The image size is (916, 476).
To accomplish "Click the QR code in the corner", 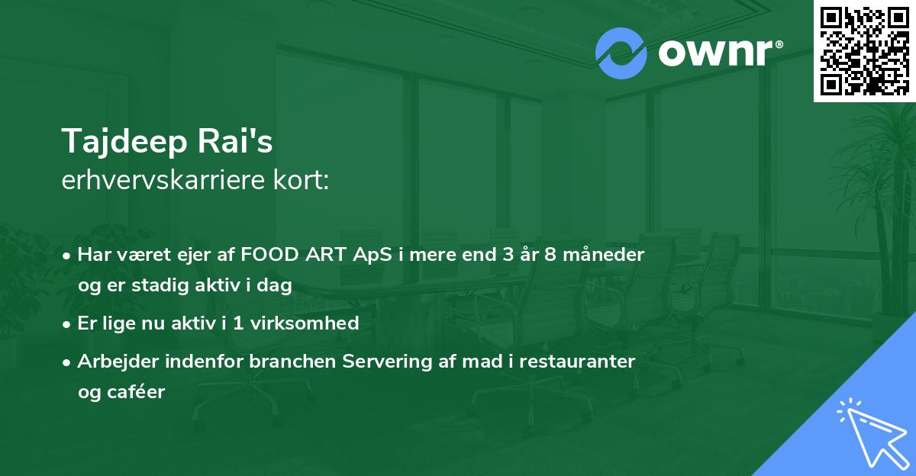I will tap(864, 50).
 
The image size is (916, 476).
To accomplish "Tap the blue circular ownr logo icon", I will tap(621, 53).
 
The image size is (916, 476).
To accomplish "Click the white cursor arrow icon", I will tap(869, 433).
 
